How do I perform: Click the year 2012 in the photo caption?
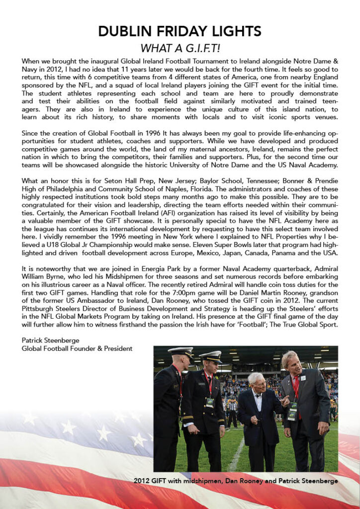[x=144, y=481]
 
